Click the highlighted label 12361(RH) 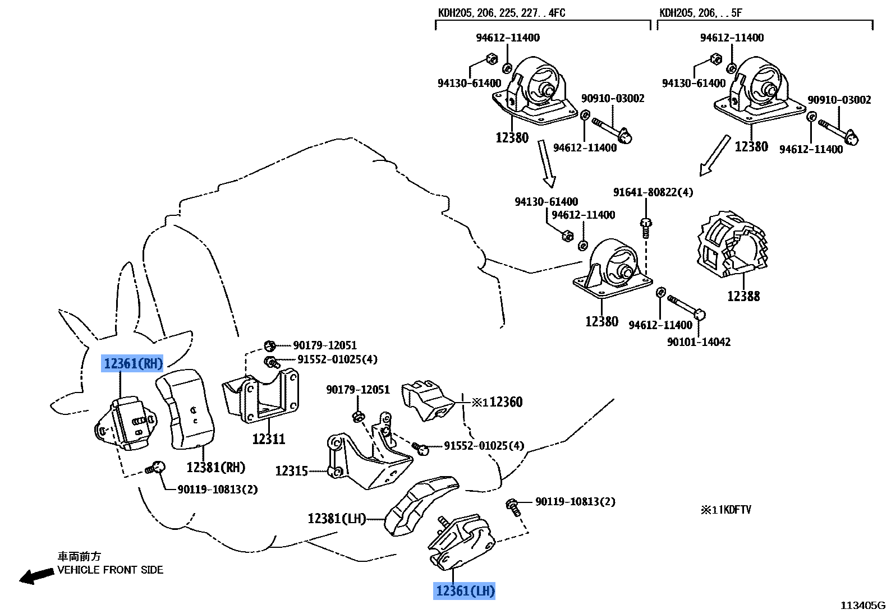133,364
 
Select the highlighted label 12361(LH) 465,590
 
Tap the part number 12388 743,296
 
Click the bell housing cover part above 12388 731,245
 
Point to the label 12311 268,439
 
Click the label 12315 291,471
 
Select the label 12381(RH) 216,467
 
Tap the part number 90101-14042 699,341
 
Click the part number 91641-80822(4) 653,192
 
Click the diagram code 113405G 862,605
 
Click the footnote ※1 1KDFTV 725,510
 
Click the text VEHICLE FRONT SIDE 110,570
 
